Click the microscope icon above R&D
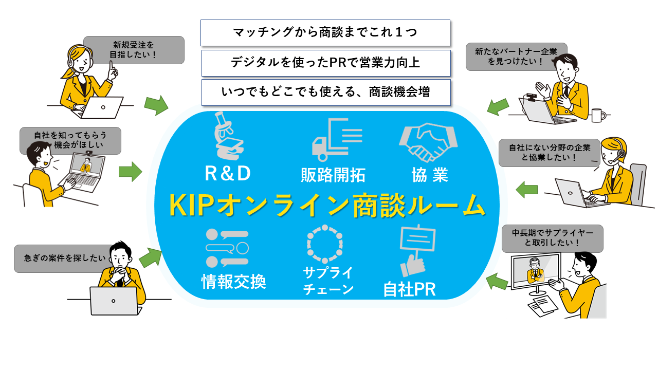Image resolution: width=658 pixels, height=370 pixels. tap(229, 136)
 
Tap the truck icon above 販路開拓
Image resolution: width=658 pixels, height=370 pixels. tap(337, 140)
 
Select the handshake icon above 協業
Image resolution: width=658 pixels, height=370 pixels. tap(428, 142)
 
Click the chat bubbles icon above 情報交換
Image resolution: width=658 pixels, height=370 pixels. tap(227, 248)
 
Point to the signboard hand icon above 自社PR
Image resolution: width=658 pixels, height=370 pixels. tap(417, 250)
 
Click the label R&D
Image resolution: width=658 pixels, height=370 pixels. tap(228, 173)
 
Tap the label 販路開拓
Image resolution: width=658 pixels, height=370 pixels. tap(333, 175)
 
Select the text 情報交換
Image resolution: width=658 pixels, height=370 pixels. tap(233, 281)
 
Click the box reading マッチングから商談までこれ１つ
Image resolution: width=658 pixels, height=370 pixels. tap(325, 33)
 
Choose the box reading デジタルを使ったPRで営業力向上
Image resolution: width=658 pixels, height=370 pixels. tap(326, 63)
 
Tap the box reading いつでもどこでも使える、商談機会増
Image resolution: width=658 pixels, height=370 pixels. tap(326, 92)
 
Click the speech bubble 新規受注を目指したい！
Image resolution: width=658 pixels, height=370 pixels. tap(134, 50)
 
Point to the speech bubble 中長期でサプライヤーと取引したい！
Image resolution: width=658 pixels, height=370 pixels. tap(552, 238)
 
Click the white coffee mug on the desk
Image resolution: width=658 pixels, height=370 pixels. tap(598, 115)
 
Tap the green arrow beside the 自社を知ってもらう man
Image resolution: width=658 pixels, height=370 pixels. tap(131, 172)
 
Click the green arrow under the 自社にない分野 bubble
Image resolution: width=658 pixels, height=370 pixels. tap(527, 190)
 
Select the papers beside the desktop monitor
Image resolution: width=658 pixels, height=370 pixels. tap(542, 306)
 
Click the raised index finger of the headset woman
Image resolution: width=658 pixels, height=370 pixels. tap(112, 66)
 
